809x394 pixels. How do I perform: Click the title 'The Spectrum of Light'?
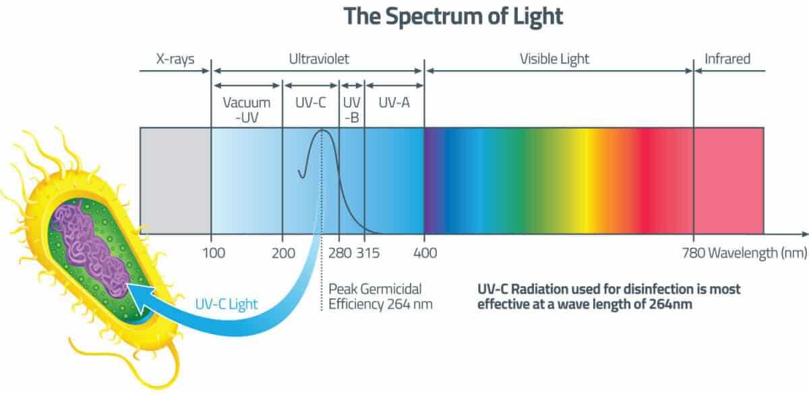[452, 16]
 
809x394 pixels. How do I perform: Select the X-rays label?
[175, 59]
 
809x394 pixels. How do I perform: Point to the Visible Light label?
[554, 59]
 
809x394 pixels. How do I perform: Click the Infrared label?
[727, 59]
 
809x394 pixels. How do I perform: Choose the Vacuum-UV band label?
[247, 110]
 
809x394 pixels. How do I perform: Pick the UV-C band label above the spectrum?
[311, 103]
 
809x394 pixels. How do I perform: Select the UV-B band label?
[351, 110]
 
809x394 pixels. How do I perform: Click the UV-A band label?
[394, 103]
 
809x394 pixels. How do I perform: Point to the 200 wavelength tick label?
[282, 254]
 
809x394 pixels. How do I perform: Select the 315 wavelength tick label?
[367, 254]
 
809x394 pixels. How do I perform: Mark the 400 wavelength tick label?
[424, 254]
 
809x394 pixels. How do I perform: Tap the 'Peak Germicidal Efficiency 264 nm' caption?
[380, 296]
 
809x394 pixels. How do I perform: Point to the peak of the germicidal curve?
[322, 130]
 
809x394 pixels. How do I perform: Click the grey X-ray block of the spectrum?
[175, 180]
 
